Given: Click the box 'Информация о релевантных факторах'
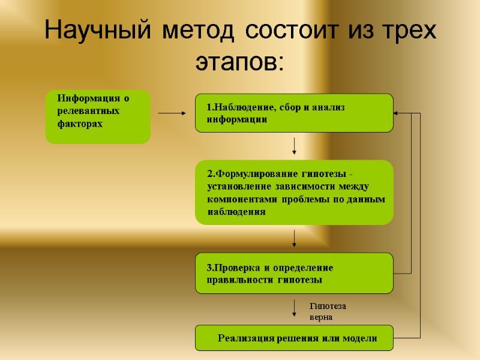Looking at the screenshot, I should [x=98, y=117].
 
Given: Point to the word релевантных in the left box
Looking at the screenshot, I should [x=89, y=111].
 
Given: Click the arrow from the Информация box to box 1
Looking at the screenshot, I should [x=173, y=113].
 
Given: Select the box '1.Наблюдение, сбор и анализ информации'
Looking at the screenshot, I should [x=294, y=113].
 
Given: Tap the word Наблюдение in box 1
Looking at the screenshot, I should [x=242, y=107].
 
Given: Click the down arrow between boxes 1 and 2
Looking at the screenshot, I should [x=294, y=146].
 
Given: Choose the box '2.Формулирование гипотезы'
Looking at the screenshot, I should [x=294, y=192].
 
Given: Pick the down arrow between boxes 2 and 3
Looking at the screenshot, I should [x=294, y=238].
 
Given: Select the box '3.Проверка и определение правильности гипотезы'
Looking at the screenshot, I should [x=294, y=273].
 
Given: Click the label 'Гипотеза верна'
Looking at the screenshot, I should [x=327, y=311].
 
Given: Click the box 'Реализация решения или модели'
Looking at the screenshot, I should [x=294, y=338].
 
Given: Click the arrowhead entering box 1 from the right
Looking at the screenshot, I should [x=397, y=113].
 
